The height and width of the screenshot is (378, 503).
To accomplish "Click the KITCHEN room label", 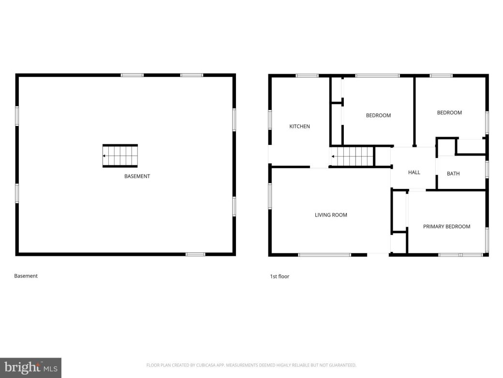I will coord(299,126).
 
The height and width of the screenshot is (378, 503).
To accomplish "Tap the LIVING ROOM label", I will coord(331,215).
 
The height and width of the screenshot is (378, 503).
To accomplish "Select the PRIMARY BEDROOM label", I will coord(446,226).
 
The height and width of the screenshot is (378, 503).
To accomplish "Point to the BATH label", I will coord(453,173).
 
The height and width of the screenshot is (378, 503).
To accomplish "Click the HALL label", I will coord(414,172).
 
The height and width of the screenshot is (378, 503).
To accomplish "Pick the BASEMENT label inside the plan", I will coord(137,176).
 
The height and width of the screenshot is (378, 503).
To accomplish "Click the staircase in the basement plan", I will coord(120,156).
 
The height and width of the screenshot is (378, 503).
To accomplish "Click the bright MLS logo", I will coord(30,368).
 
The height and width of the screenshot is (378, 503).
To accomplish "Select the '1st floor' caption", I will coord(280,276).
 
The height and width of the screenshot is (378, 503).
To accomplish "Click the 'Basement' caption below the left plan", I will coord(26,276).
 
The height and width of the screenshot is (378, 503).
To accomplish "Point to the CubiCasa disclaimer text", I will coord(251,365).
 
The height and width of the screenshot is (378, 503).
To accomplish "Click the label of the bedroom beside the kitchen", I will coord(378,115).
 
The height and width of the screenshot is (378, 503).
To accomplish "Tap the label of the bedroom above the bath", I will coord(449,112).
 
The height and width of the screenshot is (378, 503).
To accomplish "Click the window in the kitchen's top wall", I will coord(307,76).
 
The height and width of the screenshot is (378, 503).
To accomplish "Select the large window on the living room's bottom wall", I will coord(325,254).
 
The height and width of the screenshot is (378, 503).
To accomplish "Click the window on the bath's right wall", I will coord(487,169).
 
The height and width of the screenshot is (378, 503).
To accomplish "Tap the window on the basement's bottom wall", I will coord(195,254).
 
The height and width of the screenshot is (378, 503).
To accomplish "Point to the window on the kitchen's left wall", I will coord(270,120).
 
